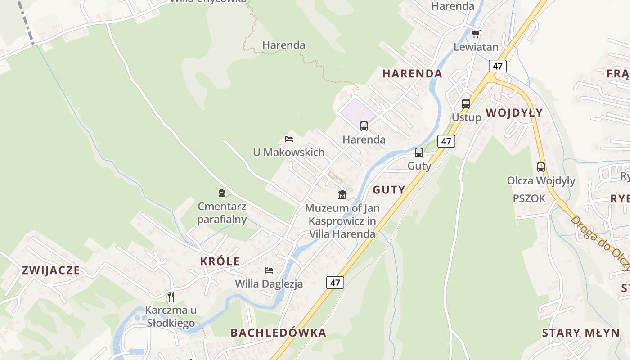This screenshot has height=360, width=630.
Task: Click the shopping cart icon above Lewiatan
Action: [x=476, y=34]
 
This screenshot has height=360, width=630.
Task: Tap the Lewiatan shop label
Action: [x=476, y=47]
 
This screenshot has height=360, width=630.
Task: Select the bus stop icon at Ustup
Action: [x=466, y=104]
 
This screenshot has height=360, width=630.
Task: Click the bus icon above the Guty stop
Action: [x=419, y=153]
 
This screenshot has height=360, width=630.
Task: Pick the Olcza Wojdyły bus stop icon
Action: [x=541, y=167]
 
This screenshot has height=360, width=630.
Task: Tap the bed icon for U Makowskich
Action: [x=289, y=139]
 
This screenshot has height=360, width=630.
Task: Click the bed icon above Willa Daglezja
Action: [x=269, y=270]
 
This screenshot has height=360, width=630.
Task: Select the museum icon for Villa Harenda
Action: [x=342, y=194]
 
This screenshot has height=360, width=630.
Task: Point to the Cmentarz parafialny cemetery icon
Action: [x=221, y=193]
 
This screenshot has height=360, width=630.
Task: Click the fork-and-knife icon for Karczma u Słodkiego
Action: [x=171, y=296]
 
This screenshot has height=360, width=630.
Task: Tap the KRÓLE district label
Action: [x=220, y=261]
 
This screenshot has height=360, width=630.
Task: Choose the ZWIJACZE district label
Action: [x=51, y=270]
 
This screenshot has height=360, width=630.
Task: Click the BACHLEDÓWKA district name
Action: [x=278, y=333]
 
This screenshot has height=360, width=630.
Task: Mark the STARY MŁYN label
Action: [x=580, y=333]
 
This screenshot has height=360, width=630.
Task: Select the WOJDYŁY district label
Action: [x=514, y=112]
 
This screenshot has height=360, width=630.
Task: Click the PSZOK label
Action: [x=529, y=198]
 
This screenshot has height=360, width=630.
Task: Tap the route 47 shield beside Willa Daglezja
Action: [x=335, y=283]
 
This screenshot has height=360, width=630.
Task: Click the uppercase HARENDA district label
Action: [x=412, y=73]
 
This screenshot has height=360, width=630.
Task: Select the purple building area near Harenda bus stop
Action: [x=354, y=110]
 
